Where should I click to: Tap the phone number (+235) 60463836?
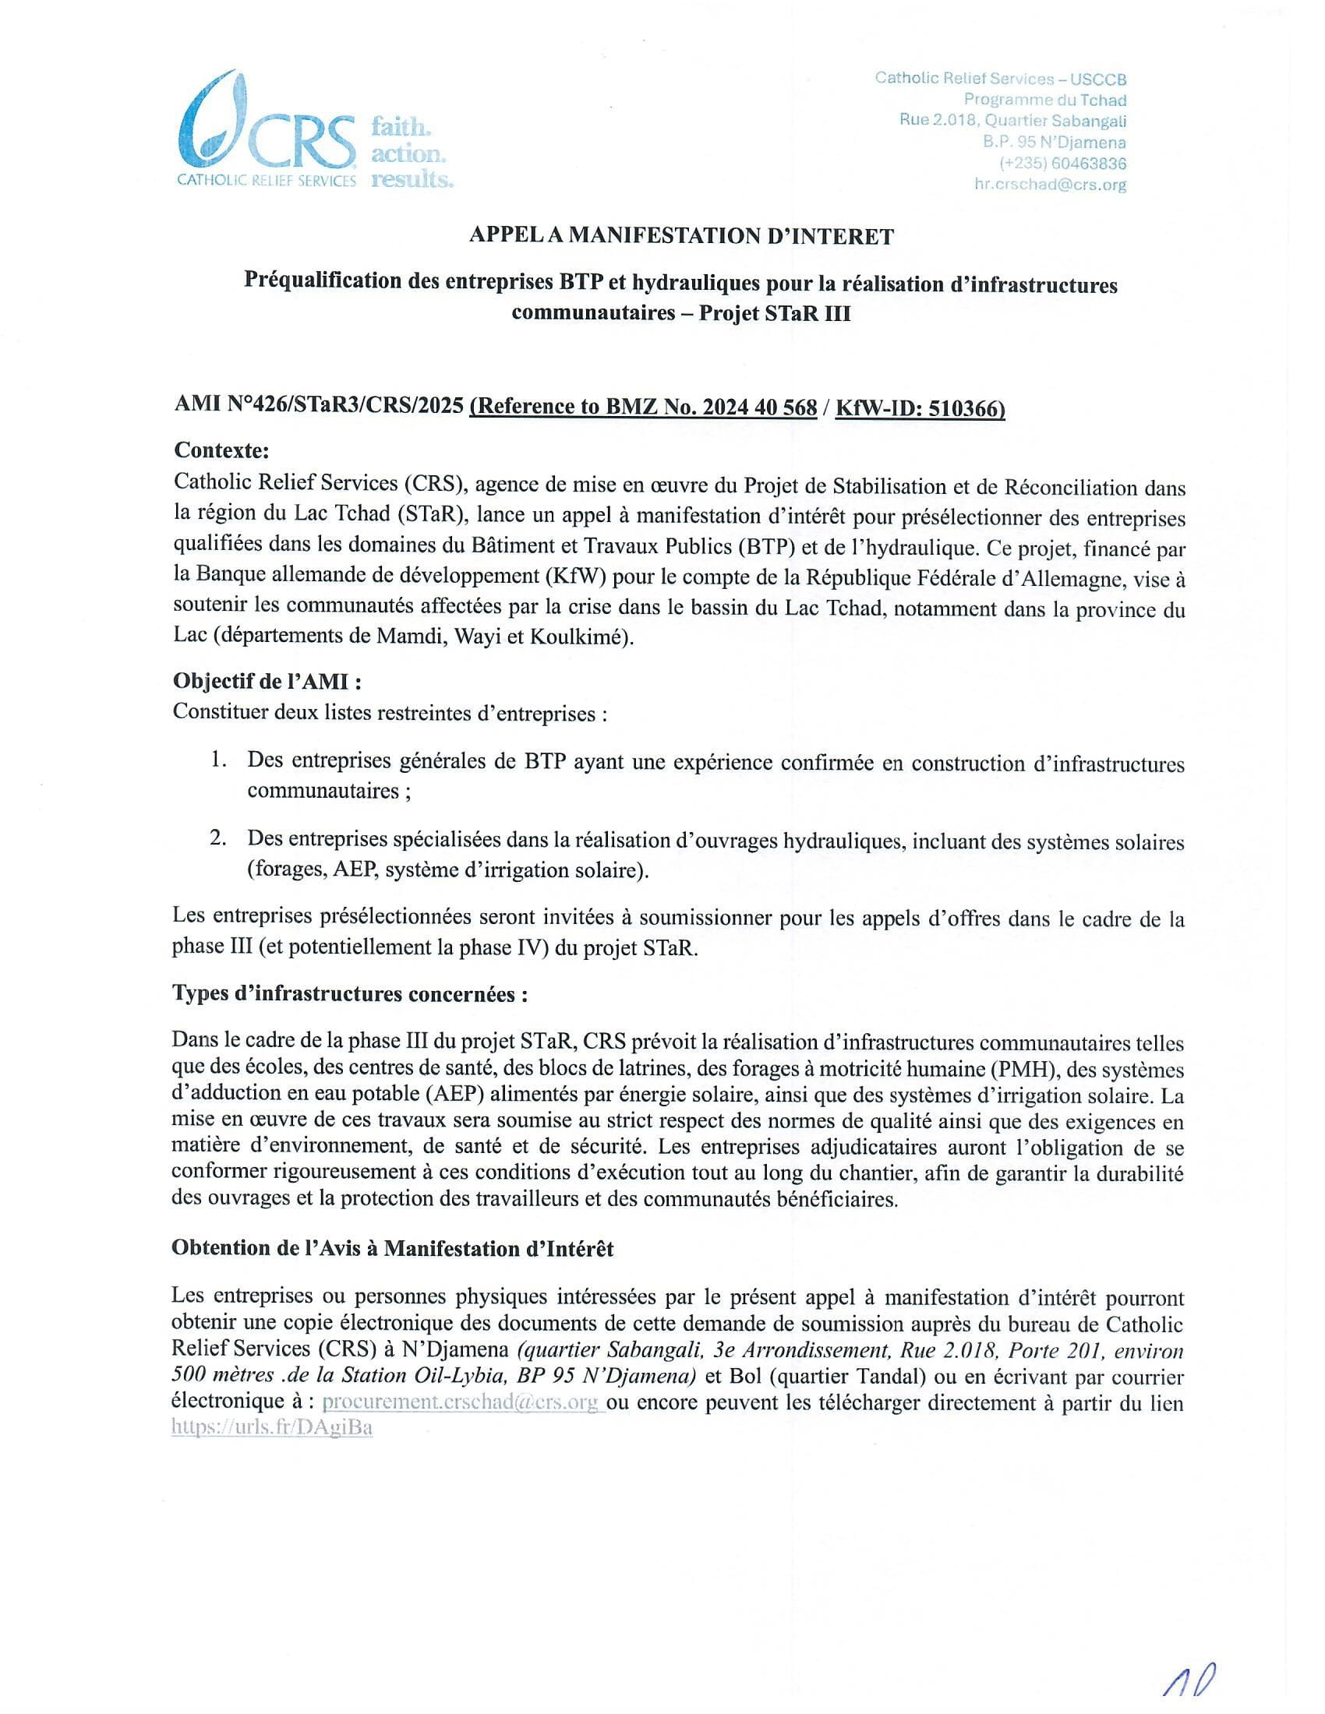pos(1063,164)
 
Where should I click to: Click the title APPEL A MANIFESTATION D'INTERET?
pos(680,236)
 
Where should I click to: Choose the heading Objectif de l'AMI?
pos(267,681)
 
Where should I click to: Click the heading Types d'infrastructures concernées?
pos(349,994)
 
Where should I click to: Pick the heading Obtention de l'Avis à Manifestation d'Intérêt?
pos(393,1249)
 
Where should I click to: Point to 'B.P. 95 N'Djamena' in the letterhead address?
pos(1055,143)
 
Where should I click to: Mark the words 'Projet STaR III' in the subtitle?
pos(775,313)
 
